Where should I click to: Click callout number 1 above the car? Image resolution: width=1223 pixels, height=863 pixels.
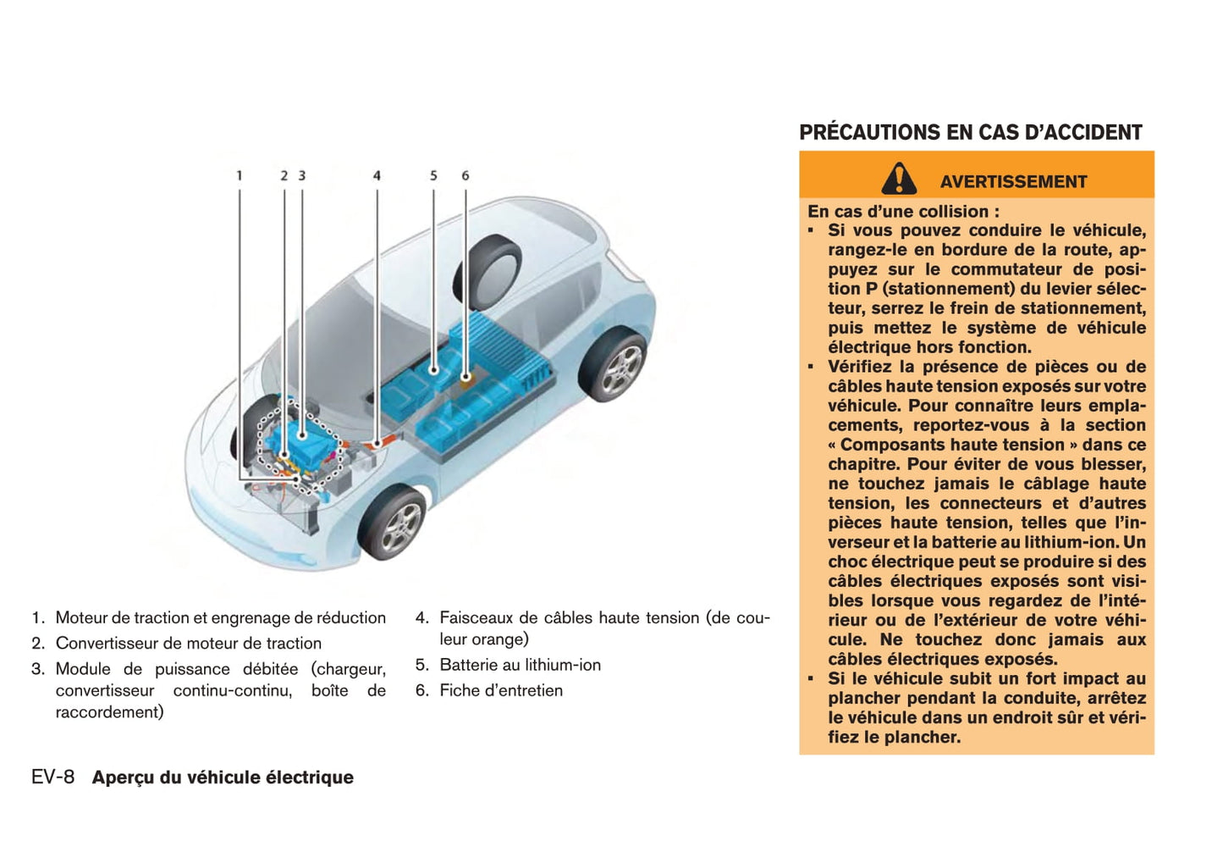(x=239, y=175)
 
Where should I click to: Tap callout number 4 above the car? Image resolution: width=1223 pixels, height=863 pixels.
(x=377, y=175)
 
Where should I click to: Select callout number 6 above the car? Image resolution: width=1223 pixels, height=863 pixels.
(x=465, y=175)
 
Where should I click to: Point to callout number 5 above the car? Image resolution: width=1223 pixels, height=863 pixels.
(x=433, y=175)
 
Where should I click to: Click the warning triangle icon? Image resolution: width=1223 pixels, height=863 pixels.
(x=898, y=180)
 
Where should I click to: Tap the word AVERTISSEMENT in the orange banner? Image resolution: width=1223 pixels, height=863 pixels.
(x=1013, y=181)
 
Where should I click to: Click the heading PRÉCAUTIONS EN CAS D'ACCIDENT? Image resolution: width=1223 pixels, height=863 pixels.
(x=970, y=132)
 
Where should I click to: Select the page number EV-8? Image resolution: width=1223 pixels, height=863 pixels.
(x=52, y=777)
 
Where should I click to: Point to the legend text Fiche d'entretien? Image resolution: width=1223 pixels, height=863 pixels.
(x=500, y=690)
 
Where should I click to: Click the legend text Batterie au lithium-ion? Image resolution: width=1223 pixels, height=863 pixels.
(x=520, y=665)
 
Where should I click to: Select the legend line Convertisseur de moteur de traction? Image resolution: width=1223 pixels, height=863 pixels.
(x=188, y=643)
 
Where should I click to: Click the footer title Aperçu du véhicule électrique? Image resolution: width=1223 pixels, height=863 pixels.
(x=223, y=777)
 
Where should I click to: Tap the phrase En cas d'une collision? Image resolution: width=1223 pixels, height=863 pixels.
(x=902, y=211)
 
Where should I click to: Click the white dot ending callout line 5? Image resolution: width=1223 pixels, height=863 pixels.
(x=433, y=369)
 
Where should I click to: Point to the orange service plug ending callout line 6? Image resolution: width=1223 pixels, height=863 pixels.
(x=466, y=377)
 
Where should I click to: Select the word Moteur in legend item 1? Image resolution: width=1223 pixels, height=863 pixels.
(x=81, y=617)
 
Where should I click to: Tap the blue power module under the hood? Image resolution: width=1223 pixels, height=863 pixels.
(x=301, y=436)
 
